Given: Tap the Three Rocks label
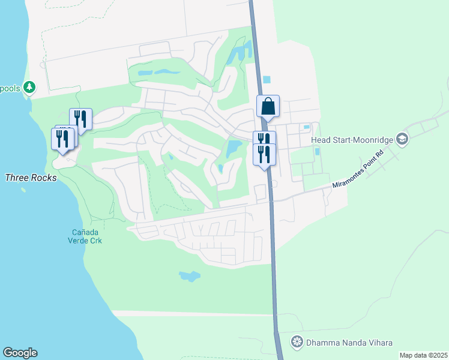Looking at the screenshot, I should (31, 178).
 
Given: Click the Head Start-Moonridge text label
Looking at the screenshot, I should (352, 140).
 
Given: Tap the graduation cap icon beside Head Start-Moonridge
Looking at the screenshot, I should (402, 140).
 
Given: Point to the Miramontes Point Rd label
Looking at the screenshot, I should (358, 178).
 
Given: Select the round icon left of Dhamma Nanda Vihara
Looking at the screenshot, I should (297, 343).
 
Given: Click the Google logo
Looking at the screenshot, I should (20, 353).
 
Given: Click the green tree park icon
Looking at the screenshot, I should (29, 88).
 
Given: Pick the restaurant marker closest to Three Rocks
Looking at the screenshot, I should (62, 139).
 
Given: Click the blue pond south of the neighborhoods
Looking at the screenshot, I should (189, 276).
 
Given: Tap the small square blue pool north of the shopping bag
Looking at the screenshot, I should (267, 79).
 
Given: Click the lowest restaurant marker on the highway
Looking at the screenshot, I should (265, 154).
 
